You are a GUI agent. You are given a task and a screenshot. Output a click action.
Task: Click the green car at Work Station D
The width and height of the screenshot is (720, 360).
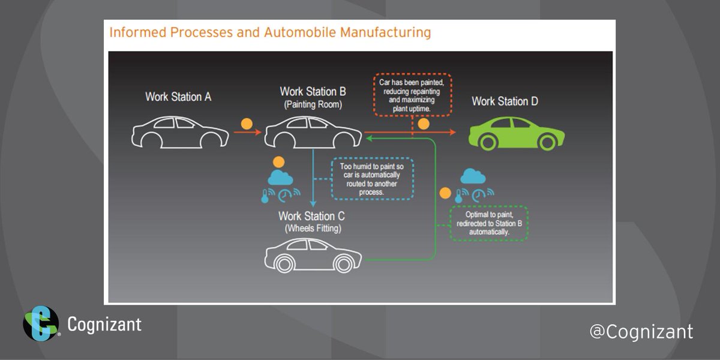[516, 133]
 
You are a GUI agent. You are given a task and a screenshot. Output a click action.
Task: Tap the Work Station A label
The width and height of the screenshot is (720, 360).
[178, 97]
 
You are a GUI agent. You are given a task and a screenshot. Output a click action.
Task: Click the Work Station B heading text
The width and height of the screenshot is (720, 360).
[313, 92]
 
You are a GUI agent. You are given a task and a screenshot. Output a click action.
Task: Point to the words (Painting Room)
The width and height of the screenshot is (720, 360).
[313, 104]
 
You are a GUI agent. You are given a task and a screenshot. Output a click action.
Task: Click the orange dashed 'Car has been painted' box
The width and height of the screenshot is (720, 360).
[413, 95]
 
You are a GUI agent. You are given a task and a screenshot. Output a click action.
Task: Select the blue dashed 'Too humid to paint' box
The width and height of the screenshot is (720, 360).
[373, 178]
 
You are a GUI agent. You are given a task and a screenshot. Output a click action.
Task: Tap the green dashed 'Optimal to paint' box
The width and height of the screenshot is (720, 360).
[488, 223]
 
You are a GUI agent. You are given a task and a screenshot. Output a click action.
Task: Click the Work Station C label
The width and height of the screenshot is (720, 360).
[311, 215]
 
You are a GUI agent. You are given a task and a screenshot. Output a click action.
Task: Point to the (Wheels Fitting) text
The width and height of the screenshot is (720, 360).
[311, 228]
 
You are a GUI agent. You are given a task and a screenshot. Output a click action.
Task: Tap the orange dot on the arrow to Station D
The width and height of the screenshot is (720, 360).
[424, 124]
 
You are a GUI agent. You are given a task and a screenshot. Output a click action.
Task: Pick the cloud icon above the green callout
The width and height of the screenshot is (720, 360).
[473, 176]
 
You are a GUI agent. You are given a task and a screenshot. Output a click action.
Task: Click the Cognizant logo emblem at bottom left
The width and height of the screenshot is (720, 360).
[41, 324]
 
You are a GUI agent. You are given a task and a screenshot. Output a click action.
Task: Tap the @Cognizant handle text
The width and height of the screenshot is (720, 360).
[641, 331]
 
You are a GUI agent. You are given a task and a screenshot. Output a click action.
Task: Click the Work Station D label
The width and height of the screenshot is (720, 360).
[505, 101]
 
